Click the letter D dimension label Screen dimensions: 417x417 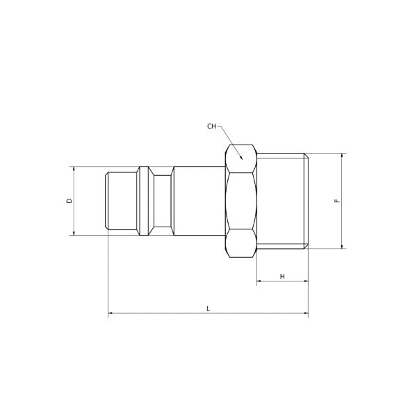pos(68,201)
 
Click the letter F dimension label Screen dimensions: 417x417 pos(337,201)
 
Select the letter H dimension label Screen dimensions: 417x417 pos(282,276)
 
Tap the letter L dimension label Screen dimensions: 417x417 pos(208,308)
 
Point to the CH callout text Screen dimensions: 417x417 pos(212,126)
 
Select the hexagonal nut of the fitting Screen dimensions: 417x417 pos(241,201)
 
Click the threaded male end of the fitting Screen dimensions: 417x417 pos(281,201)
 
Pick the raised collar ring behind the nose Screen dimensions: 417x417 pos(145,201)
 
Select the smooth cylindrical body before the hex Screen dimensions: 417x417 pos(199,201)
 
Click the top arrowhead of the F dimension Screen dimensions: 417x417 pos(342,156)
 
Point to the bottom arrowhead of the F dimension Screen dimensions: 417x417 pos(342,245)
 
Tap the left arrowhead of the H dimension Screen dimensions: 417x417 pos(260,281)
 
